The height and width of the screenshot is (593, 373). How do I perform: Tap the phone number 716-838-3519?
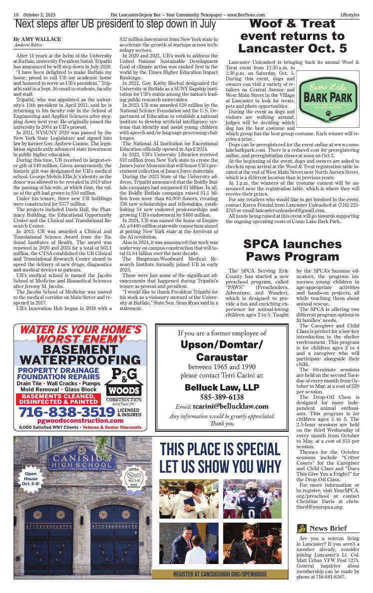click(65, 412)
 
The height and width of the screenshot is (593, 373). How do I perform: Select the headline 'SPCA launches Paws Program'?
click(285, 250)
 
